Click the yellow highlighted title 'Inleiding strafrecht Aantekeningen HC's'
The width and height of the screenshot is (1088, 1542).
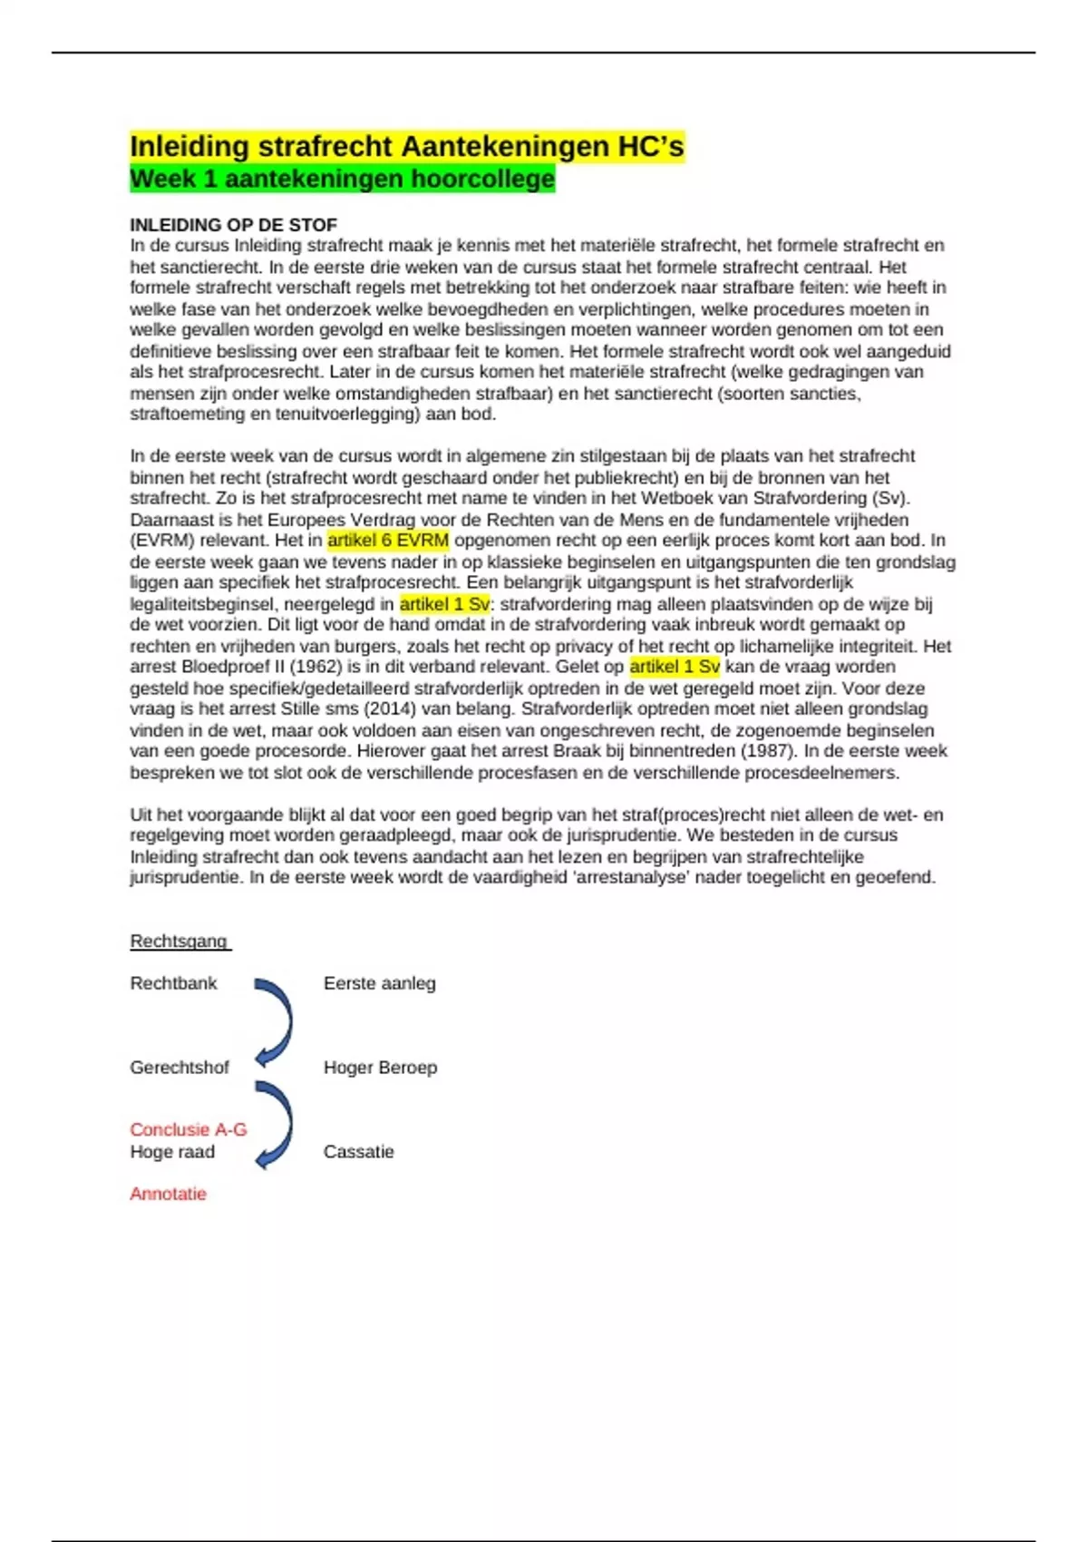click(x=407, y=146)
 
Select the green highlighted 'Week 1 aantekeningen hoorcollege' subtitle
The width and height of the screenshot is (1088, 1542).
click(x=342, y=179)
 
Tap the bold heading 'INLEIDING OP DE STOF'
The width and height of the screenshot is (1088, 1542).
click(x=233, y=225)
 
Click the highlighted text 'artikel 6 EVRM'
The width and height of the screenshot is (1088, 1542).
click(x=388, y=541)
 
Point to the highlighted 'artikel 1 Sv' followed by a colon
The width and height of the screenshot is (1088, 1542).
click(x=444, y=604)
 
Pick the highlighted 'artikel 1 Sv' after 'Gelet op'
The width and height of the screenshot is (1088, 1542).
click(x=675, y=667)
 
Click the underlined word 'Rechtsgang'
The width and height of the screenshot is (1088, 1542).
click(x=179, y=942)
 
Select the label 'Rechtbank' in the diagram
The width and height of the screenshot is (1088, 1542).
click(x=173, y=983)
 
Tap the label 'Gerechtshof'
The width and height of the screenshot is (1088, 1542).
click(x=179, y=1068)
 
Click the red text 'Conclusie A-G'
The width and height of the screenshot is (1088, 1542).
click(x=188, y=1129)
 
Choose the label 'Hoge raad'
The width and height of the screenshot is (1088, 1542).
click(x=172, y=1152)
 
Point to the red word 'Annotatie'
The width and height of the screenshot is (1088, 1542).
click(x=168, y=1194)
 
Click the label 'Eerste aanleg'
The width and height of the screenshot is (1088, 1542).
click(x=379, y=983)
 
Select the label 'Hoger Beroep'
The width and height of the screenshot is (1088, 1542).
click(x=380, y=1068)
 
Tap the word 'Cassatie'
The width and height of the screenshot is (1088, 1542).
click(x=358, y=1152)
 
